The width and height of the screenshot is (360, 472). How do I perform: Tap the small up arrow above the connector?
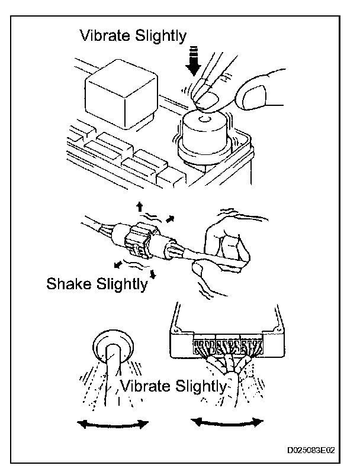(x=140, y=206)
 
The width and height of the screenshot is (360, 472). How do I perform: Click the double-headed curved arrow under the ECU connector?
(x=227, y=422)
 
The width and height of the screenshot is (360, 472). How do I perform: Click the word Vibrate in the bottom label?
(x=146, y=387)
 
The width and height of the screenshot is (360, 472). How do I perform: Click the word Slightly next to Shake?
(x=123, y=284)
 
